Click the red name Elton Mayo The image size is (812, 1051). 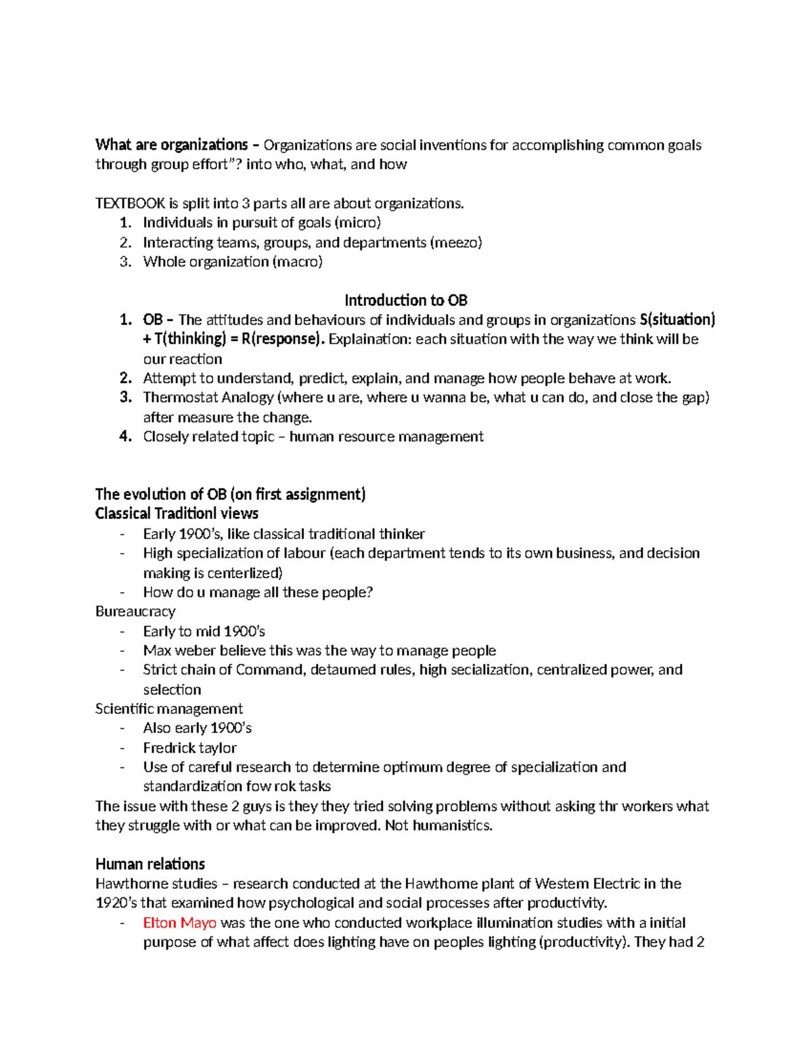[179, 922]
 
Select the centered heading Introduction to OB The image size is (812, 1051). [406, 300]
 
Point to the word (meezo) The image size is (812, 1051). [456, 242]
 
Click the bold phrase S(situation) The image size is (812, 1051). [677, 319]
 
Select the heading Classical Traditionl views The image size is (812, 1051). [177, 514]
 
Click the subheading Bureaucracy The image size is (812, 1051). [135, 611]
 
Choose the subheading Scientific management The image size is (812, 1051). [169, 709]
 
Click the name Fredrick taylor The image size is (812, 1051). [189, 748]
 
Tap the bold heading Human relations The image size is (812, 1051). [150, 864]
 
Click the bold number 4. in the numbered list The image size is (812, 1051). [125, 437]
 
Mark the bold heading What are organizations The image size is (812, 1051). [172, 145]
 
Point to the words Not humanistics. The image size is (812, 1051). [438, 825]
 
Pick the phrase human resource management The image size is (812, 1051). [386, 437]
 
